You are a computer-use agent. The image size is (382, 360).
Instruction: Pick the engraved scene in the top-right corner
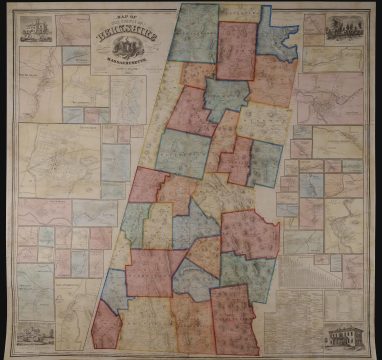tap(345, 28)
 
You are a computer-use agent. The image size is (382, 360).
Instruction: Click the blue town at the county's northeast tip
tap(276, 35)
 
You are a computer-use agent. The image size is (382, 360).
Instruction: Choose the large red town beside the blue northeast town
tap(237, 50)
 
